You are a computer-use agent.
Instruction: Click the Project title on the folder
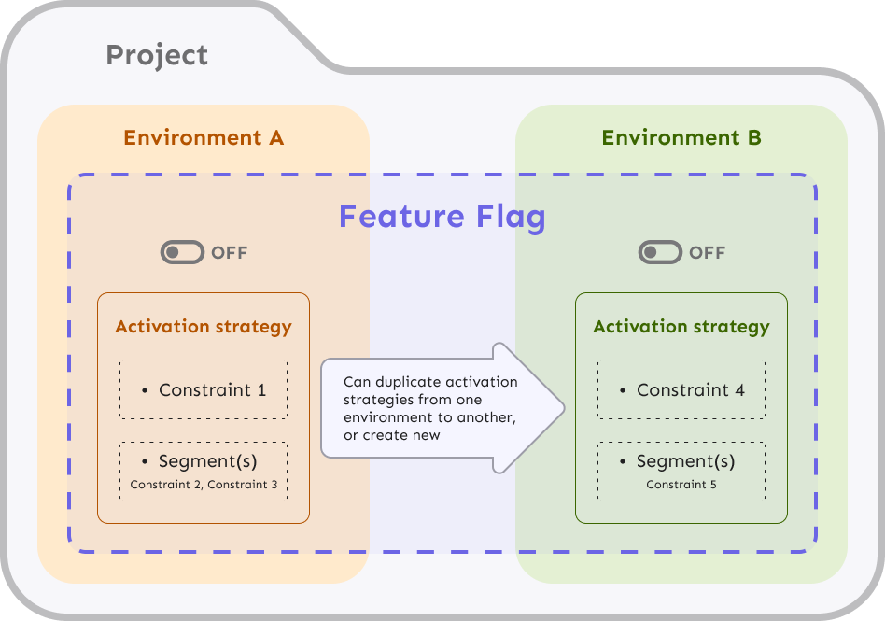[x=157, y=55]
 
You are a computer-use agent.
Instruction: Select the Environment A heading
[x=204, y=138]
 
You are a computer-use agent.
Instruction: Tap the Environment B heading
[x=681, y=138]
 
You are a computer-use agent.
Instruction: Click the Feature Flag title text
[x=442, y=217]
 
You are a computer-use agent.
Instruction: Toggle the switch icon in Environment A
[x=182, y=252]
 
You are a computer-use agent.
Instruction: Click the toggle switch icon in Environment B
[x=660, y=252]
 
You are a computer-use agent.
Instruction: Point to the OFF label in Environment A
[x=230, y=253]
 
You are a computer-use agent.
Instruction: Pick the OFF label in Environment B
[x=708, y=253]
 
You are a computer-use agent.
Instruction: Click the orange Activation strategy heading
[x=204, y=327]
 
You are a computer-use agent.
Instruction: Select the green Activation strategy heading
[x=681, y=327]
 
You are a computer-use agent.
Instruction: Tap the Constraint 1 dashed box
[x=204, y=389]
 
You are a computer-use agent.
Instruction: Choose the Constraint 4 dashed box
[x=681, y=389]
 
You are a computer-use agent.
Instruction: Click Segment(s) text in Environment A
[x=207, y=461]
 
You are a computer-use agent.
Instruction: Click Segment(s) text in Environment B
[x=685, y=461]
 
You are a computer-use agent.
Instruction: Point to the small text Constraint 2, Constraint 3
[x=204, y=485]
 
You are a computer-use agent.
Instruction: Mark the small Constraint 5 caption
[x=681, y=485]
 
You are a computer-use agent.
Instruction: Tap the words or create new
[x=392, y=435]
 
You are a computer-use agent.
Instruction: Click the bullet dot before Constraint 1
[x=145, y=390]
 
